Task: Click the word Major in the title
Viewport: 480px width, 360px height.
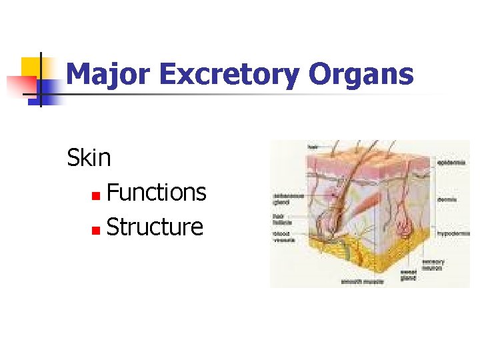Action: pos(108,75)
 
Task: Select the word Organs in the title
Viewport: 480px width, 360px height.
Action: pos(361,75)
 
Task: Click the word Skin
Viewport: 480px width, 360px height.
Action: pos(89,158)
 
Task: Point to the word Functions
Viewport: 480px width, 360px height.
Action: pos(156,193)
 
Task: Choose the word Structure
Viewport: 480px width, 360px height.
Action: pos(155,227)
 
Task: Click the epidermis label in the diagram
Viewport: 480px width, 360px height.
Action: pos(453,162)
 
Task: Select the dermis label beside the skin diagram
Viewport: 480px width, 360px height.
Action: pos(447,198)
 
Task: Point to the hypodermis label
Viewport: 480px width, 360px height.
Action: pos(453,233)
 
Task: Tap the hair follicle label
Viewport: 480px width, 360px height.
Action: pos(281,218)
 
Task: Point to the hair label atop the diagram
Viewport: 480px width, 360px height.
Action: pos(313,146)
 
